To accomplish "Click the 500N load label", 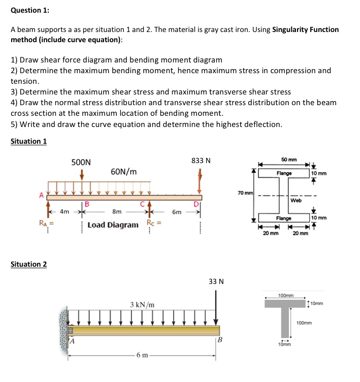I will click(81, 162).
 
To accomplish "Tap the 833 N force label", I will click(201, 161).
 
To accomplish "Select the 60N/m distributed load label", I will click(123, 172).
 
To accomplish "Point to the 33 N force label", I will click(216, 281).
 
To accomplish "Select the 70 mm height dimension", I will click(245, 193).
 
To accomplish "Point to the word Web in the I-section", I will click(296, 200).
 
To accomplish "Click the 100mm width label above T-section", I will click(286, 295).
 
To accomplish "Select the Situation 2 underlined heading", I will click(29, 264).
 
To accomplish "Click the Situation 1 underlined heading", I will click(29, 141).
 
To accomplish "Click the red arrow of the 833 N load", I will click(201, 180).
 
